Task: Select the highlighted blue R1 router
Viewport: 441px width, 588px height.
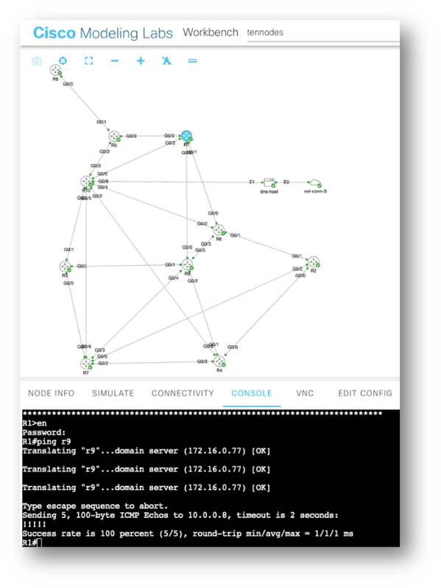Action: click(186, 136)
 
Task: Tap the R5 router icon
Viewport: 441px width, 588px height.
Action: click(114, 136)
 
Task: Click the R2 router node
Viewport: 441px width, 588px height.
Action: click(313, 263)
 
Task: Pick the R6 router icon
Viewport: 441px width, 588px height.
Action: click(219, 230)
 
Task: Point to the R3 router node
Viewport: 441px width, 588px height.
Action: click(66, 266)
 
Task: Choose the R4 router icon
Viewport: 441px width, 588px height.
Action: click(219, 361)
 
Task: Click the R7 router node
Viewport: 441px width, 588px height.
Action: click(87, 363)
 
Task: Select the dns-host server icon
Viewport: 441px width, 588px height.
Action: click(269, 182)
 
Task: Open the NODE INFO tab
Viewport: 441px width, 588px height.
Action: click(51, 394)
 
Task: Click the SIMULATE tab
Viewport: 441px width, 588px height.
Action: click(113, 394)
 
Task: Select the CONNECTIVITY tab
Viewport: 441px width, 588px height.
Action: click(183, 394)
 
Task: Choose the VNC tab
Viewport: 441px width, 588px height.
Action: click(305, 394)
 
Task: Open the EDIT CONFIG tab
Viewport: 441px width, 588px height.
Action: click(364, 394)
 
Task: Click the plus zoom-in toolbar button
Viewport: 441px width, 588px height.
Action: click(141, 61)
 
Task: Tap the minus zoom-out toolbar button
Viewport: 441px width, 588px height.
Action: click(115, 61)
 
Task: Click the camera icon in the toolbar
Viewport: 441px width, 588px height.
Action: click(37, 61)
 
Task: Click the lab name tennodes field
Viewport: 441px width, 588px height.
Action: click(294, 33)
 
